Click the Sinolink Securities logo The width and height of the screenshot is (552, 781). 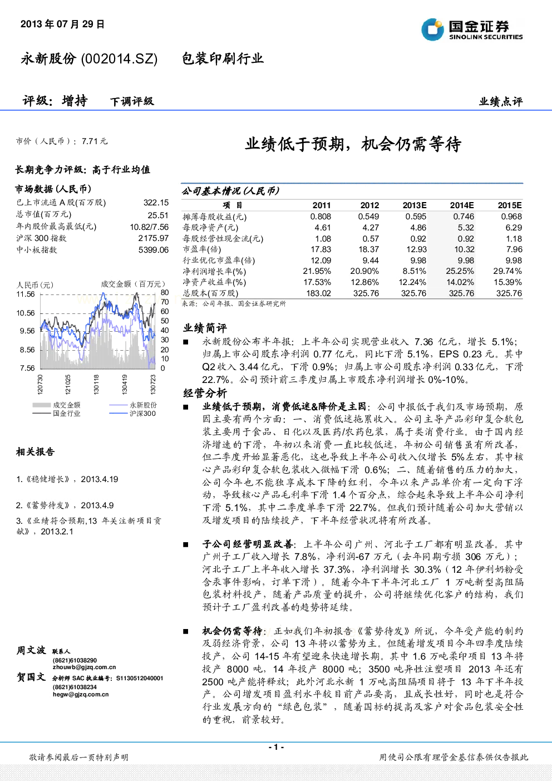point(472,30)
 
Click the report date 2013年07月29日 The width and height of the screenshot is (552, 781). point(62,24)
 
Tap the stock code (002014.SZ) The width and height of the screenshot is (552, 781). point(119,59)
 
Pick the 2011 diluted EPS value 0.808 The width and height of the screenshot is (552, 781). point(321,217)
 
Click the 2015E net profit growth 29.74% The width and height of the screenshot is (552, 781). point(507,271)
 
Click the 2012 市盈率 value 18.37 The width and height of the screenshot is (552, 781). point(368,249)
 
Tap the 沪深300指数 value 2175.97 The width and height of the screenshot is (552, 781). point(154,238)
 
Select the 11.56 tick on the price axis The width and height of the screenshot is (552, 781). point(26,294)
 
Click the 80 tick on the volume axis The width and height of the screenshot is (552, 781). point(165,292)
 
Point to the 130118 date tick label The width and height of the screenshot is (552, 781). point(96,385)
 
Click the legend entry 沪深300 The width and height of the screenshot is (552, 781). point(142,414)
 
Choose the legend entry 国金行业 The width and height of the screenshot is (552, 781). point(67,414)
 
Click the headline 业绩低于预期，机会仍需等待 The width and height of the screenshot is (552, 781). point(353,144)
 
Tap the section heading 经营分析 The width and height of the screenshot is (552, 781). point(205,394)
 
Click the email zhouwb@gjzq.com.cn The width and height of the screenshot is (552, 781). point(84,667)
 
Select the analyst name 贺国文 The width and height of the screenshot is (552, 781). point(31,677)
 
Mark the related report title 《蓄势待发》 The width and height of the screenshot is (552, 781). point(49,505)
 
